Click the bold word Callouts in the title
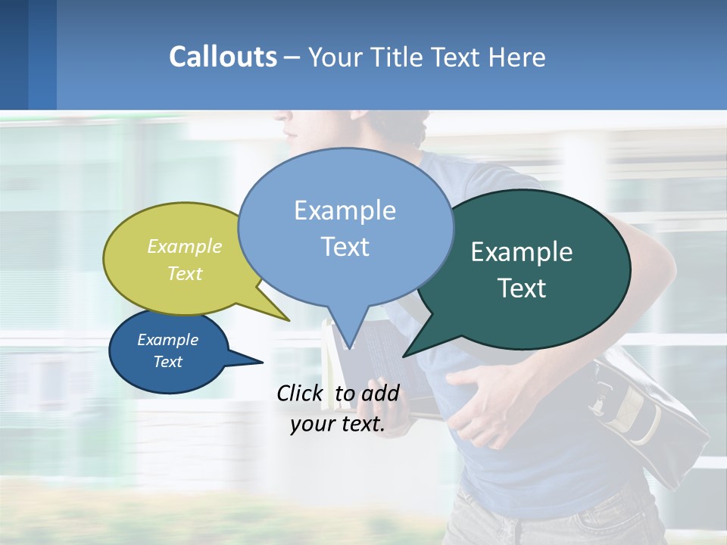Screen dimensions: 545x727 (223, 57)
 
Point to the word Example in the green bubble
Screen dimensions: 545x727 (522, 252)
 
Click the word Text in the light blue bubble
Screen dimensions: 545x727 (345, 247)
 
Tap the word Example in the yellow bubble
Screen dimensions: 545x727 (185, 247)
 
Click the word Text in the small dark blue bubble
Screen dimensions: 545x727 (168, 362)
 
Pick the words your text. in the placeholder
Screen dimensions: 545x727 (337, 424)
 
